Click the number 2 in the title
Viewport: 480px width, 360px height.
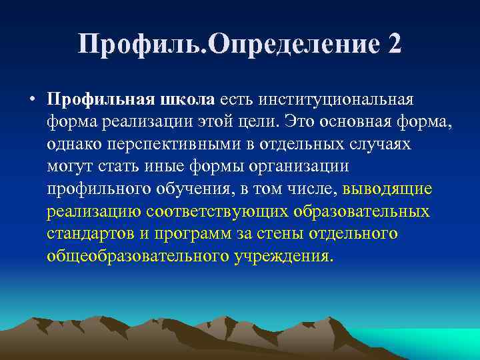[x=393, y=45]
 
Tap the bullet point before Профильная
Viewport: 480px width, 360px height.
[x=32, y=100]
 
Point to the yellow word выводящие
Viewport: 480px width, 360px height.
[x=387, y=189]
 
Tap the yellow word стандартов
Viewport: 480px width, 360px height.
[x=87, y=234]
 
